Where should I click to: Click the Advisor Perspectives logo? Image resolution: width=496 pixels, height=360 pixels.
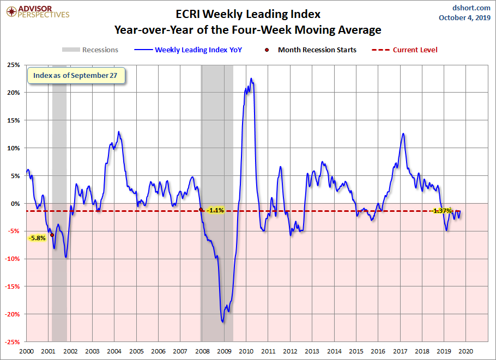38,11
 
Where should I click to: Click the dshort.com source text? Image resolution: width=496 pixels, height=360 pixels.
471,8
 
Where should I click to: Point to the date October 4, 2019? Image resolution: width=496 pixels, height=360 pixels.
464,17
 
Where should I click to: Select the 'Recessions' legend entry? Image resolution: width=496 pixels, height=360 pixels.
90,50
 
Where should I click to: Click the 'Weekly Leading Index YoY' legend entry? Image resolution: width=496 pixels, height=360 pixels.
188,50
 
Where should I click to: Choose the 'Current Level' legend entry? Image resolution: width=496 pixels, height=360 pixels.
404,50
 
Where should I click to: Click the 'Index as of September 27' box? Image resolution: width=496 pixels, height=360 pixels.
76,76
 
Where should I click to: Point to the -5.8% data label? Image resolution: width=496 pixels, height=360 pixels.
37,238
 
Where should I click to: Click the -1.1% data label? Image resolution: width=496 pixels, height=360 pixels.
215,210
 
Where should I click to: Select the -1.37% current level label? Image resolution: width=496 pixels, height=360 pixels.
442,211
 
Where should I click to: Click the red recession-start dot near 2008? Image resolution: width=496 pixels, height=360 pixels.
201,210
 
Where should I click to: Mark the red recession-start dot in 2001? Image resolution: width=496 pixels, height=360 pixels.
52,235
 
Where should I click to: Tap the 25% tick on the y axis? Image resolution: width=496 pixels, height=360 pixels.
13,65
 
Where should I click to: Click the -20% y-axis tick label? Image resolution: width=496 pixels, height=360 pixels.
12,314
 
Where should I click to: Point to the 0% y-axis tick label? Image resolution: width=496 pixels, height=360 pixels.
15,204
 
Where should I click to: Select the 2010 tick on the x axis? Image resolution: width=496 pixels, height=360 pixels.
246,351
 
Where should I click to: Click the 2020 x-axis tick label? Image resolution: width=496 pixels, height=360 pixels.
465,351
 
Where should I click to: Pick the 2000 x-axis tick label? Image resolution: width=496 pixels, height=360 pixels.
26,351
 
